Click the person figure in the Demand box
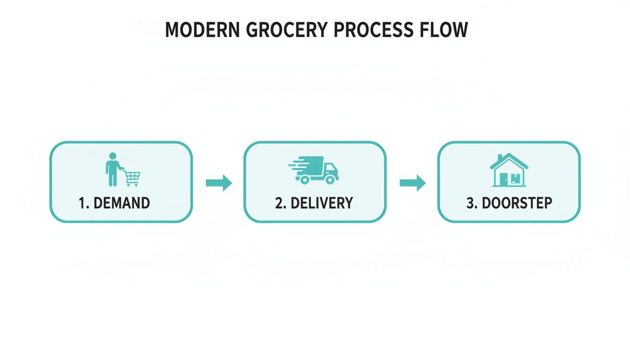112,169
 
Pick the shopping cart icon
132,178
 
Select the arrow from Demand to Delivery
219,182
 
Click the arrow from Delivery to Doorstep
412,182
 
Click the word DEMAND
121,203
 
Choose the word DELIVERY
322,203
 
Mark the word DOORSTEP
517,203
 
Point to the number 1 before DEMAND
82,203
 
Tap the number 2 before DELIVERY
279,203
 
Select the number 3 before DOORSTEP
470,203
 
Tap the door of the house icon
503,179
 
